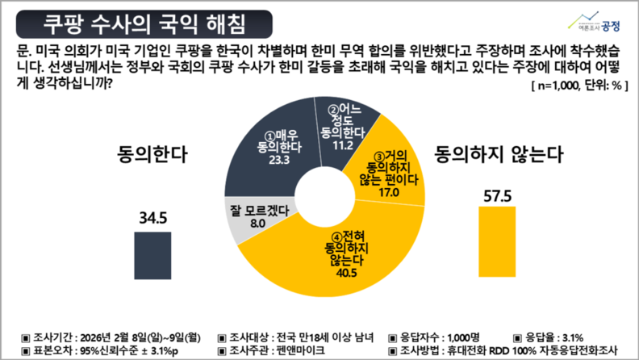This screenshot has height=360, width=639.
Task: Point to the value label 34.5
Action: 146,217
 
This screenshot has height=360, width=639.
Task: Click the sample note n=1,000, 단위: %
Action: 575,85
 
